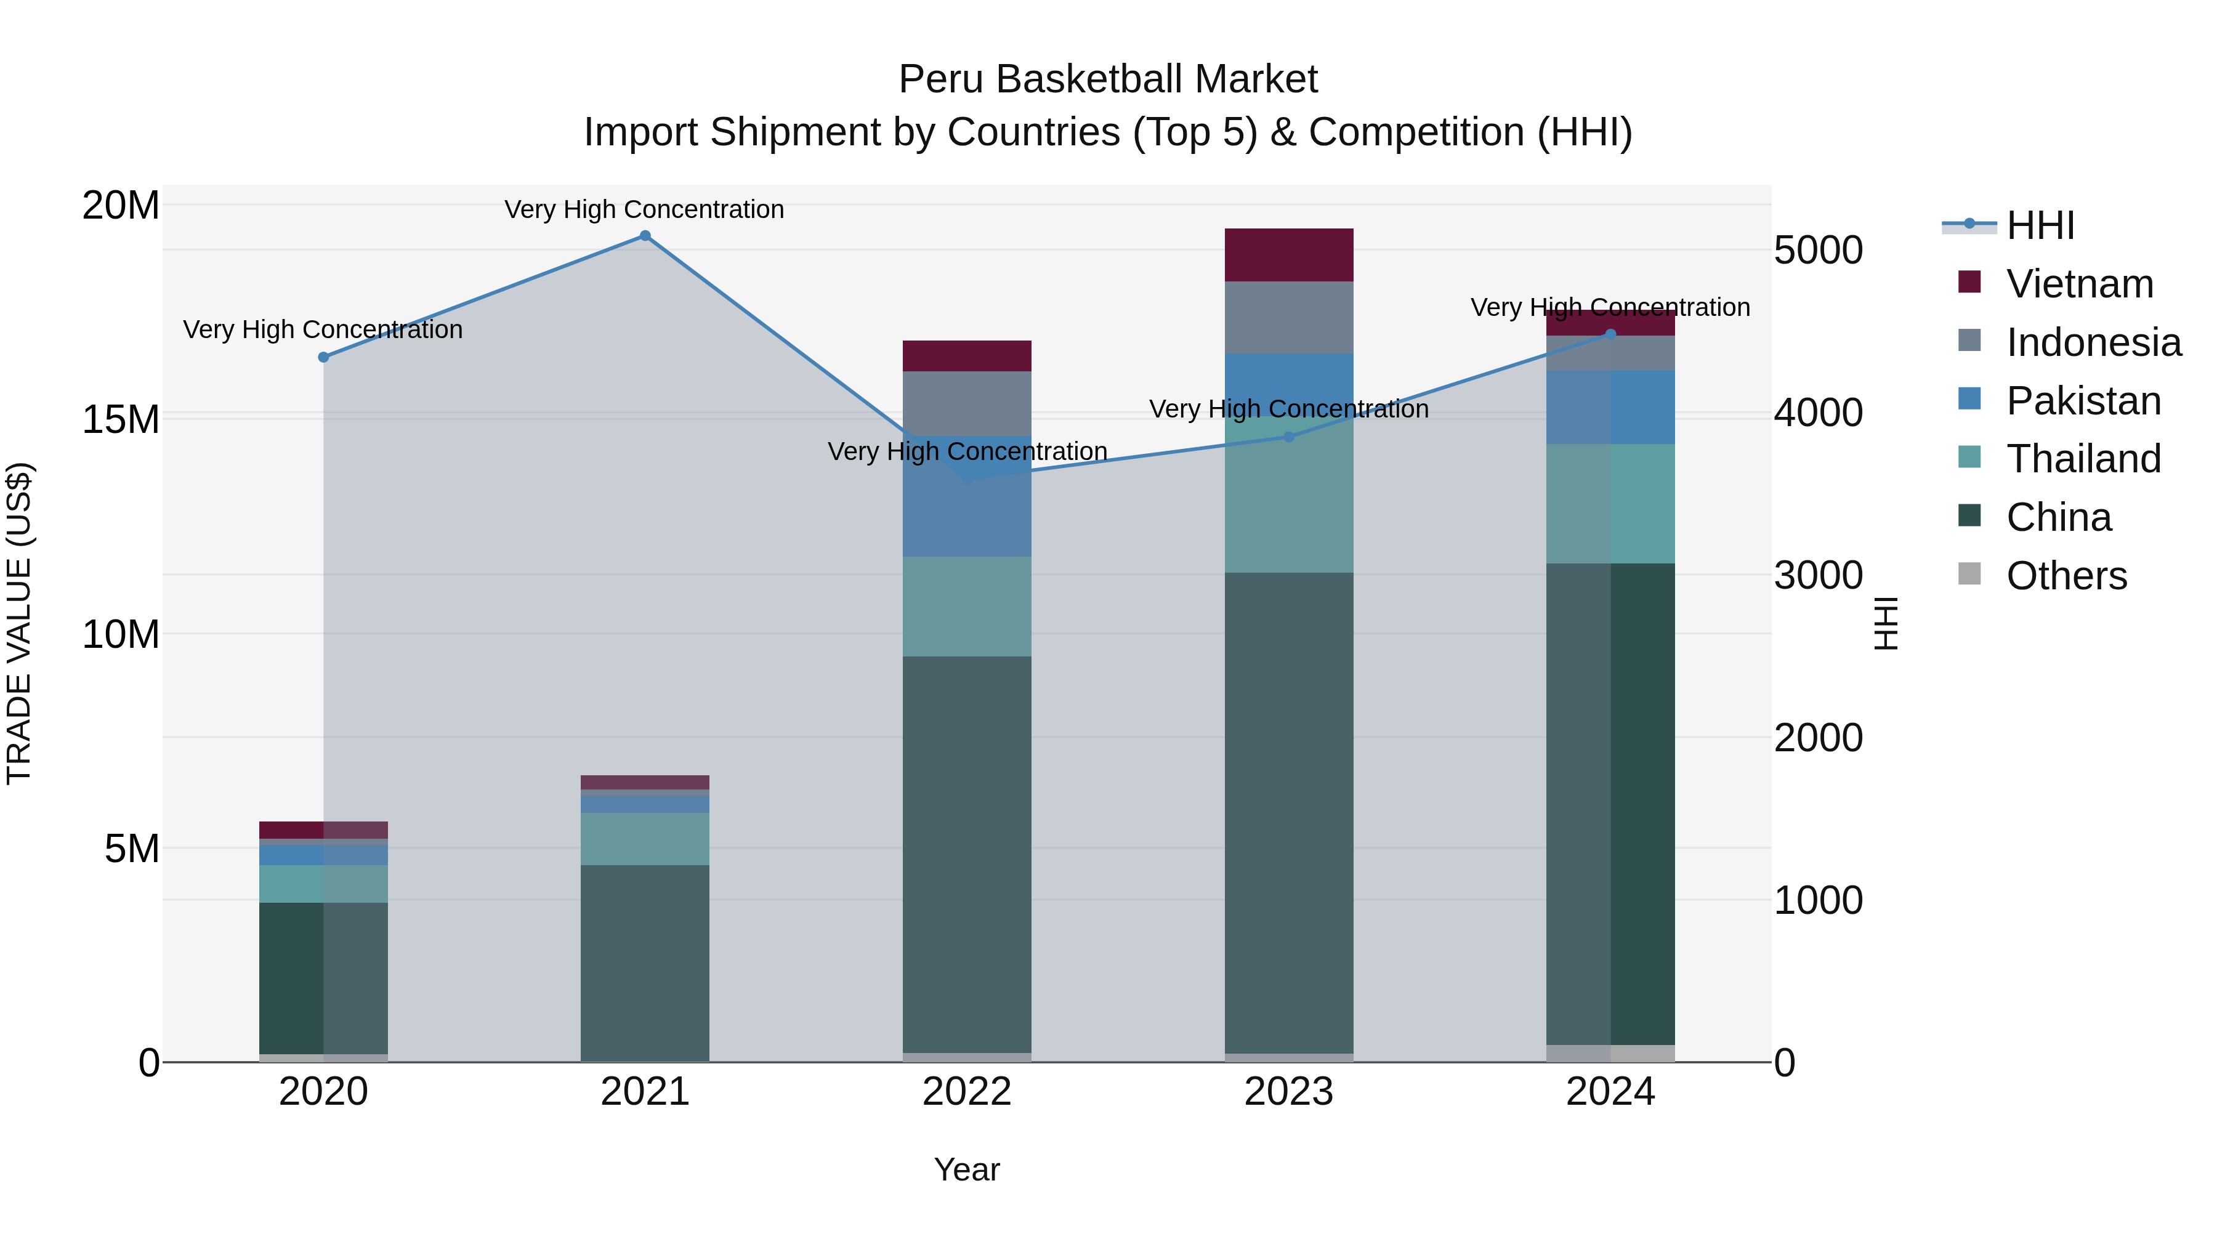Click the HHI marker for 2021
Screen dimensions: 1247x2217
pyautogui.click(x=645, y=236)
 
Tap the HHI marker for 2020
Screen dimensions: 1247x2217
pyautogui.click(x=323, y=357)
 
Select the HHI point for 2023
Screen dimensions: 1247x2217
pyautogui.click(x=1288, y=437)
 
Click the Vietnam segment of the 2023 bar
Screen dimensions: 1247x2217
pyautogui.click(x=1288, y=255)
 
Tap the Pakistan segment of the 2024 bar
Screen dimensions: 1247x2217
pyautogui.click(x=1610, y=407)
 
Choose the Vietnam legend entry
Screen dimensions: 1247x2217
pyautogui.click(x=2078, y=284)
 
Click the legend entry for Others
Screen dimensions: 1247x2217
pyautogui.click(x=2066, y=576)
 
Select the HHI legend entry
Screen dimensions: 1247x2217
pyautogui.click(x=2040, y=225)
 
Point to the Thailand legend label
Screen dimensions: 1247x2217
pyautogui.click(x=2083, y=459)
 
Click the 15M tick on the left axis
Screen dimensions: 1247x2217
pyautogui.click(x=121, y=420)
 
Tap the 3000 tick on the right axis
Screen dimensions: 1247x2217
pyautogui.click(x=1818, y=575)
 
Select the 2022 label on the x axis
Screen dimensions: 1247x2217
pyautogui.click(x=966, y=1092)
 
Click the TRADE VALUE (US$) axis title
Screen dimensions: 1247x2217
pyautogui.click(x=19, y=623)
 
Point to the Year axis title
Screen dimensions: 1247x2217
pyautogui.click(x=966, y=1169)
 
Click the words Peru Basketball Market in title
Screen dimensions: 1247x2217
pyautogui.click(x=1108, y=79)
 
